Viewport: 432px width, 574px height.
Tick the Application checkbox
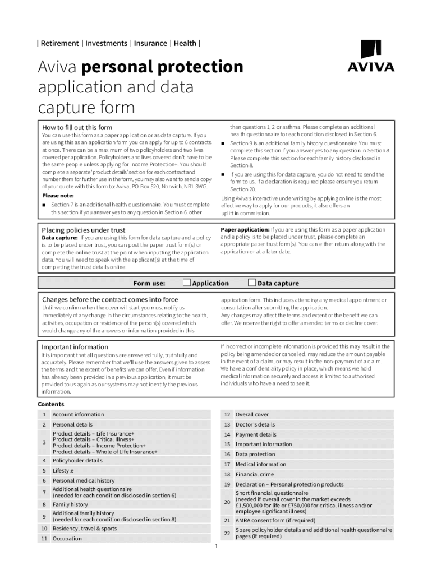[x=187, y=283]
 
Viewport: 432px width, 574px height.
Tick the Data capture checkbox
[x=252, y=283]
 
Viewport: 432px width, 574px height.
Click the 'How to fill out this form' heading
[x=77, y=127]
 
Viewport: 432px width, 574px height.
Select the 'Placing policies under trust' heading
[x=84, y=230]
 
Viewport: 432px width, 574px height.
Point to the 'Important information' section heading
[x=75, y=347]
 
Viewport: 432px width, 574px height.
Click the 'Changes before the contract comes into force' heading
[x=110, y=299]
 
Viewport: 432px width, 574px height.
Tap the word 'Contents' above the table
[x=51, y=404]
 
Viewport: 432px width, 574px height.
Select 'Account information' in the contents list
[x=78, y=414]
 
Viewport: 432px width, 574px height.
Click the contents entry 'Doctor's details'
[x=255, y=424]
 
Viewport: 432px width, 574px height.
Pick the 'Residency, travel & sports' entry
[x=85, y=528]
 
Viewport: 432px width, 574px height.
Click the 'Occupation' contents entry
[x=67, y=538]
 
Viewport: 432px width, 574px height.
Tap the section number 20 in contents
[x=227, y=502]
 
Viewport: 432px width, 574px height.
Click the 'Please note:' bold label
[x=58, y=196]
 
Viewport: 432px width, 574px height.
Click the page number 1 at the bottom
[x=216, y=547]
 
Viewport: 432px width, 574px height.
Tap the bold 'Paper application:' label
[x=245, y=229]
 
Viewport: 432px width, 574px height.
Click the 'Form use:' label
[x=149, y=283]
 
